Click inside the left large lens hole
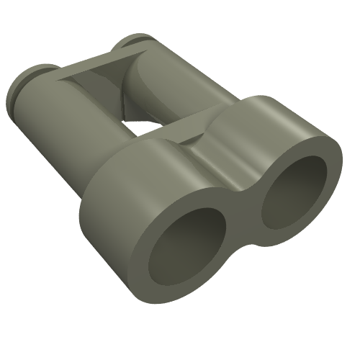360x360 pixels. [x=184, y=248]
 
